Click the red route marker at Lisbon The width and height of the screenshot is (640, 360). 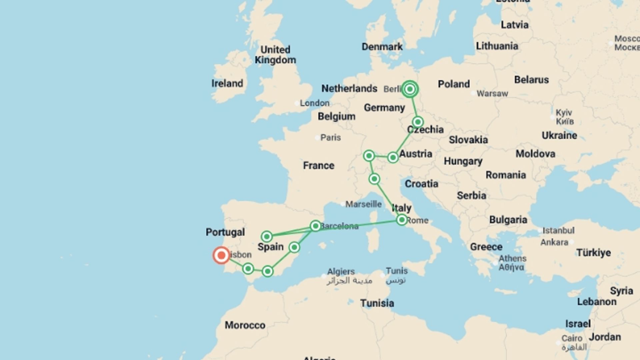click(x=221, y=255)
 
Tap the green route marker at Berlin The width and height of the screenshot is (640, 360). click(x=410, y=89)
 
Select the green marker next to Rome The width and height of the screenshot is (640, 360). click(x=402, y=220)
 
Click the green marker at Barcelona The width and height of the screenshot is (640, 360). click(x=315, y=226)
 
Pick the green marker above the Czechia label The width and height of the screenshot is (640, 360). click(x=418, y=122)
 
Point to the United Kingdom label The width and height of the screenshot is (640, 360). click(x=275, y=55)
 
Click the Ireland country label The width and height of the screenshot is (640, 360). click(x=227, y=83)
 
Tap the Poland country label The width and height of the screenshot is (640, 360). click(x=454, y=84)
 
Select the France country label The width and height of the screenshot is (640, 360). click(x=318, y=165)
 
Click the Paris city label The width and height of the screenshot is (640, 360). click(x=330, y=137)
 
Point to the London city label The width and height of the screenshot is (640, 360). click(x=314, y=103)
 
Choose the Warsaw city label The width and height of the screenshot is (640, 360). click(x=492, y=93)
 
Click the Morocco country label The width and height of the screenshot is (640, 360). click(x=245, y=325)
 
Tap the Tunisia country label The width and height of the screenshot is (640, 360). click(x=377, y=303)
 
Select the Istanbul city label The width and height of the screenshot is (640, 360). click(x=558, y=230)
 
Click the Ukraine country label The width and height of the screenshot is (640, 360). click(x=559, y=135)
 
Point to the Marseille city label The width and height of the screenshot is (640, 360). click(x=363, y=204)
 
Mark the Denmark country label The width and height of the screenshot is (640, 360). click(x=382, y=47)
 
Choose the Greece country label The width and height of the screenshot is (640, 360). click(x=486, y=247)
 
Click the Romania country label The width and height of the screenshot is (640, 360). click(x=505, y=175)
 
